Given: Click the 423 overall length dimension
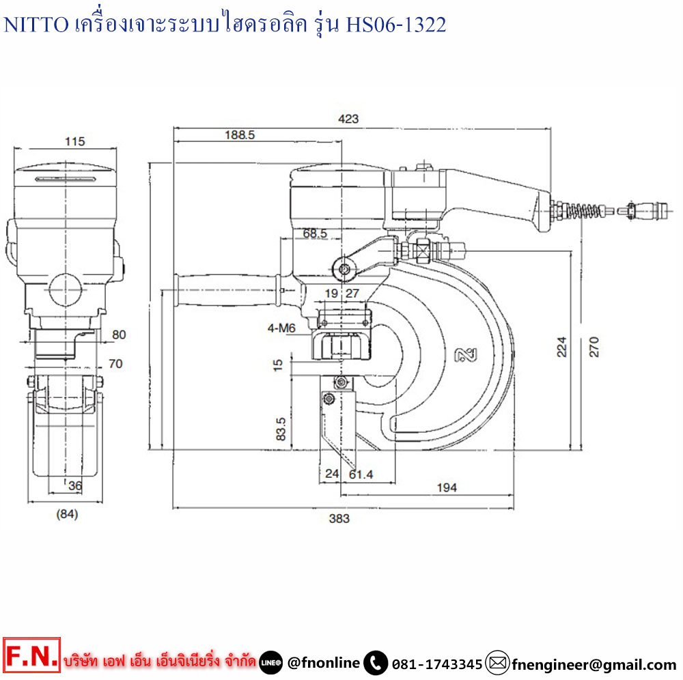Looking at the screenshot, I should pos(348,119).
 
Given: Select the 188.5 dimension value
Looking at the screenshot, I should pos(239,135).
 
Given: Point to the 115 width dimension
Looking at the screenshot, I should pos(74,141).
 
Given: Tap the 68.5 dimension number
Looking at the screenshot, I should pos(315,233).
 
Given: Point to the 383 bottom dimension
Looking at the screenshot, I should pos(339,518).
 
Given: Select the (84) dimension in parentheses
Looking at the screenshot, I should pos(66,514).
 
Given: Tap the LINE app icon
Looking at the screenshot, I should pos(271,663).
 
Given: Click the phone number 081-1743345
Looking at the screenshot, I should pos(437,664).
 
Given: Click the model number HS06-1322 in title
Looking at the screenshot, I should pos(396,25).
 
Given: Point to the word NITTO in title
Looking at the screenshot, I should pos(36,25).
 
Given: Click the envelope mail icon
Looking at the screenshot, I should pos(498,662).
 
